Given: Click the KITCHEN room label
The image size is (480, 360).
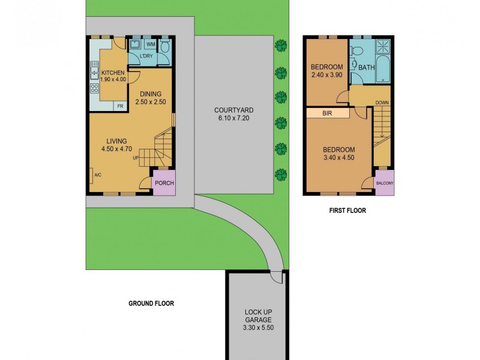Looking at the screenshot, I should click(x=113, y=73).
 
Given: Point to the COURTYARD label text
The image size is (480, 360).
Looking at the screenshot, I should click(x=234, y=110).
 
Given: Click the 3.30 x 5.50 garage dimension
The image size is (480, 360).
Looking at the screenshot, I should click(x=257, y=329).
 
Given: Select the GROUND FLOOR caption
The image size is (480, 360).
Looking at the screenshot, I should click(x=151, y=304).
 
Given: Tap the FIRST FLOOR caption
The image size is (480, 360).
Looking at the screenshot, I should click(x=347, y=211).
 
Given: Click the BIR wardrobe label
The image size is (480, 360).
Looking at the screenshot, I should click(x=327, y=113).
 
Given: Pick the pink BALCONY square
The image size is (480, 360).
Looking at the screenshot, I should click(x=384, y=184).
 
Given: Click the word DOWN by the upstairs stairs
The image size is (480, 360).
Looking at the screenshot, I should click(x=382, y=103).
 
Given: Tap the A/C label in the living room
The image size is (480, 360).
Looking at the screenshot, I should click(x=97, y=175).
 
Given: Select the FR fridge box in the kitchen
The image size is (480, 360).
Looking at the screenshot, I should click(x=120, y=106).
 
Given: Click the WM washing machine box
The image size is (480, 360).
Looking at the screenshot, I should click(x=151, y=44).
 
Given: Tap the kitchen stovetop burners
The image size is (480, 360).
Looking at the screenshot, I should click(x=94, y=88).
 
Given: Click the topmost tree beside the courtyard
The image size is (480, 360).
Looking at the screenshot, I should click(x=280, y=45).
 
